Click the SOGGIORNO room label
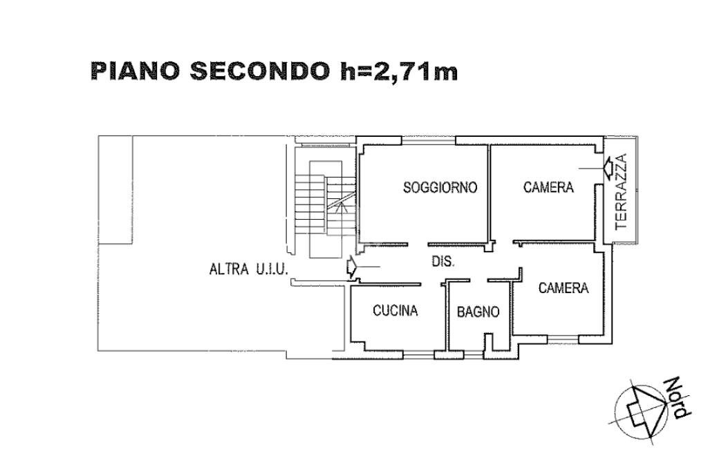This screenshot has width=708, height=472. click(x=440, y=187)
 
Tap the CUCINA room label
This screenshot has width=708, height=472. click(x=395, y=311)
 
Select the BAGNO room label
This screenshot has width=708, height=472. click(x=478, y=312)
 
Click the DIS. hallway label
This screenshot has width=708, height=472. click(x=442, y=262)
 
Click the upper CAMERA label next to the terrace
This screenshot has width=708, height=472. click(x=548, y=187)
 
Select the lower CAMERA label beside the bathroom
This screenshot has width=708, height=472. click(x=563, y=288)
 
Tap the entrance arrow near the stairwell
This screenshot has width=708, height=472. click(x=352, y=267)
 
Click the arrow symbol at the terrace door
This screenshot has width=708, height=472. click(x=607, y=167)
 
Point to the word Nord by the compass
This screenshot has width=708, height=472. click(x=676, y=398)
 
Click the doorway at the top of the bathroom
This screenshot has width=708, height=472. click(x=478, y=280)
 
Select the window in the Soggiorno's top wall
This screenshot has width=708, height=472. click(x=427, y=143)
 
